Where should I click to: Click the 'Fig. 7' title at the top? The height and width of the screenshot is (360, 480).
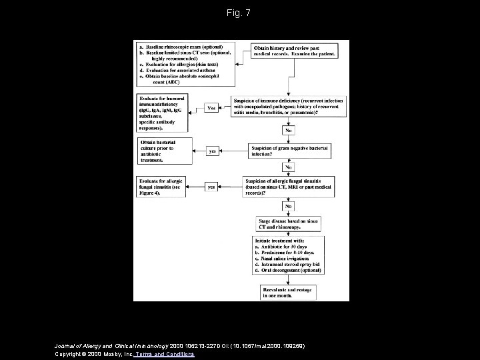coord(239,13)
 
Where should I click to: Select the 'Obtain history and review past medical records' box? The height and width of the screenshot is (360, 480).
coord(293,51)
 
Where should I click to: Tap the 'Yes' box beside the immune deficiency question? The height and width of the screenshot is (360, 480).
coord(211,107)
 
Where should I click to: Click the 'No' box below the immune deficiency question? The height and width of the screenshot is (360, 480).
coord(289,130)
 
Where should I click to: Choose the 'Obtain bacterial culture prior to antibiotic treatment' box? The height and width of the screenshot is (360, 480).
coord(164,151)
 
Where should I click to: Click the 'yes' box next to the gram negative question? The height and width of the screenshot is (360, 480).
coord(213,151)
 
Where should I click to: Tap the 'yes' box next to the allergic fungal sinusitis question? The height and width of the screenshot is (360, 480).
coord(211,187)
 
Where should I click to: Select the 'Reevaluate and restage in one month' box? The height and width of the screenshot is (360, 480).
coord(289,291)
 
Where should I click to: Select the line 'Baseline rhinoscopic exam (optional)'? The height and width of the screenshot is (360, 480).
coord(180,47)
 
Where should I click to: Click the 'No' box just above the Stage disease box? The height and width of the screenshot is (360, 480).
coord(289,206)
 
